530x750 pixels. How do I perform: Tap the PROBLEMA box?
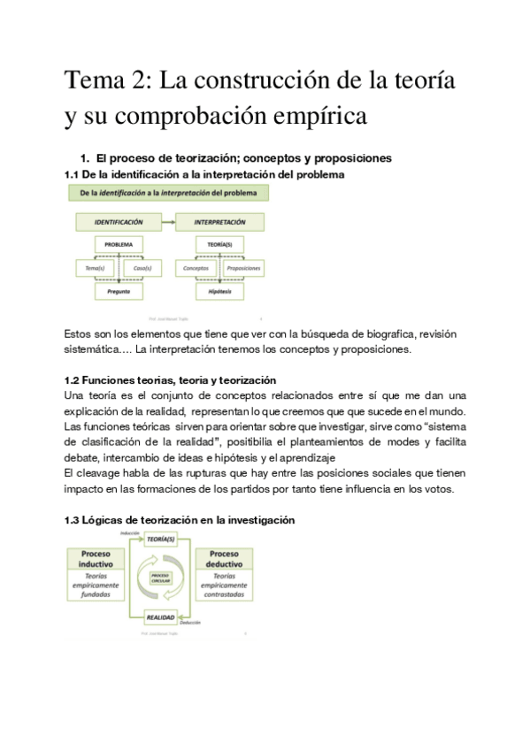click(x=119, y=243)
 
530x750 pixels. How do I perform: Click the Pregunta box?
click(x=119, y=289)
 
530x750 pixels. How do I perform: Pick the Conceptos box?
click(x=196, y=266)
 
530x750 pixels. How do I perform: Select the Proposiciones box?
click(x=243, y=266)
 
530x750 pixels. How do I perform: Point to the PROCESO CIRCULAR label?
click(x=160, y=577)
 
